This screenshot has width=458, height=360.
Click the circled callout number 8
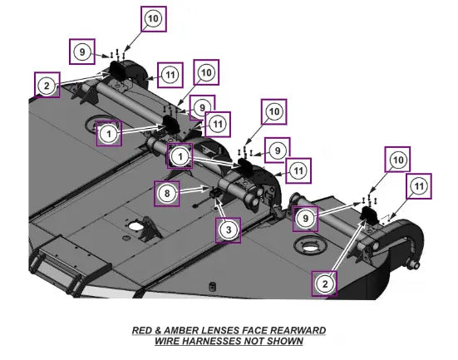(x=167, y=193)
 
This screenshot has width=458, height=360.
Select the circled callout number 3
(x=229, y=229)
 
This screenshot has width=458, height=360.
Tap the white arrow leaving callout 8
(x=194, y=190)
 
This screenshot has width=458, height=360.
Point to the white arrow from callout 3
(x=221, y=209)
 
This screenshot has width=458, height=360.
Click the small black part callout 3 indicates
(x=214, y=193)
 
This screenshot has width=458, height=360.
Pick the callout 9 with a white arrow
(x=306, y=219)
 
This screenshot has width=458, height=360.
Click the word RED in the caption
(x=142, y=331)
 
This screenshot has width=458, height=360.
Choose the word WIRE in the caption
(x=166, y=341)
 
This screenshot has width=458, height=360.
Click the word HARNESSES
(x=211, y=341)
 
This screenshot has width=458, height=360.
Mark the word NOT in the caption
(x=254, y=341)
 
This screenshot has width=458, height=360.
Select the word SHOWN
(x=285, y=341)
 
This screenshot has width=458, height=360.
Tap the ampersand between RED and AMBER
(x=158, y=331)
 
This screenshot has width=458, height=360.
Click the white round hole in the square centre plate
(x=135, y=226)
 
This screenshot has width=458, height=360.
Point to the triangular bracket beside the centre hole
(x=150, y=228)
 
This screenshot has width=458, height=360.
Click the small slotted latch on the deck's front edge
(x=212, y=286)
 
